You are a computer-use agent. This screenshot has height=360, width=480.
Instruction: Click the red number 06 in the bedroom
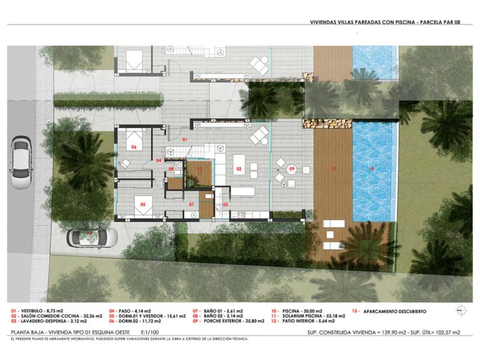(x=133, y=147)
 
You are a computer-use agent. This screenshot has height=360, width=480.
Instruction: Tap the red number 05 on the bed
(x=142, y=204)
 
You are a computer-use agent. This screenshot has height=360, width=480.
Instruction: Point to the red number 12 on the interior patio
(x=199, y=169)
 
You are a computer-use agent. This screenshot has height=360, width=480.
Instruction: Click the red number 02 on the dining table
(x=238, y=169)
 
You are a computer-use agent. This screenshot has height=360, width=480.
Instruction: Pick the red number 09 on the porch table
(x=291, y=169)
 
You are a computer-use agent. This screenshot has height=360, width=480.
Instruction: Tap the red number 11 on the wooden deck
(x=333, y=169)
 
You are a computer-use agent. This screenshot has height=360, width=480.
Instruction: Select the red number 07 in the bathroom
(x=191, y=204)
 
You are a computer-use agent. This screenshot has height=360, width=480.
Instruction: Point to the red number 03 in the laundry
(x=225, y=204)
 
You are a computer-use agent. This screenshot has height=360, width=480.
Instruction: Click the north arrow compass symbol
(x=461, y=310)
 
